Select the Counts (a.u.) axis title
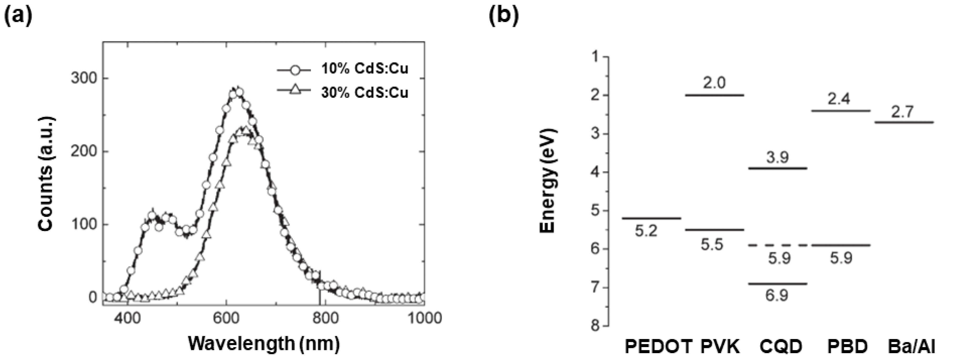pos(47,174)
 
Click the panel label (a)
pos(18,16)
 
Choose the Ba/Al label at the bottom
pos(911,347)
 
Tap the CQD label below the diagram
pos(781,347)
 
